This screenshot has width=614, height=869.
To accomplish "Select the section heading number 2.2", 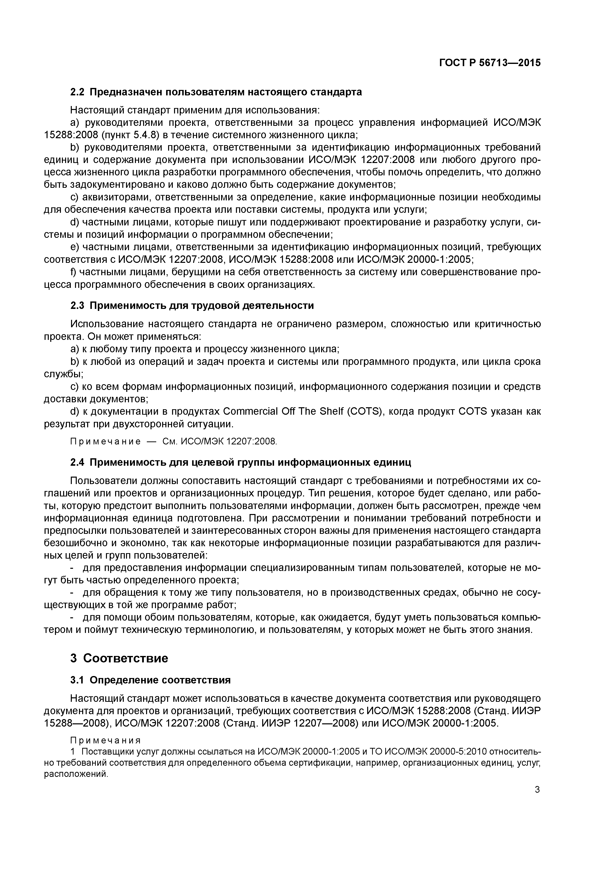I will (x=77, y=92).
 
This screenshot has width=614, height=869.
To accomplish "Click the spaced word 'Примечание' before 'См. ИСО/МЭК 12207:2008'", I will (x=105, y=441).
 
